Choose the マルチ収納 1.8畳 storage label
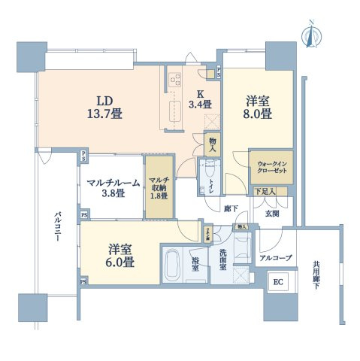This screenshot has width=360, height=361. pos(159,188)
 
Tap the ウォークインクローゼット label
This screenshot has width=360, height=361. pos(270,166)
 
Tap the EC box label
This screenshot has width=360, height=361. pos(277,284)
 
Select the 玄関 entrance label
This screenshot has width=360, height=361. pos(271,214)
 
